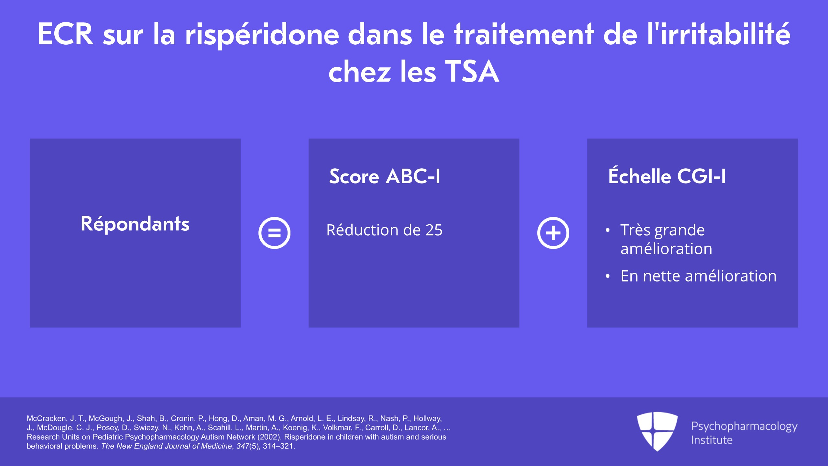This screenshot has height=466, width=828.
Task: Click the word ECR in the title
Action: pos(65,34)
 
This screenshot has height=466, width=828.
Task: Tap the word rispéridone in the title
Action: pos(262,35)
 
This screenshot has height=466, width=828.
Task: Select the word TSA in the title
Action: pos(472,72)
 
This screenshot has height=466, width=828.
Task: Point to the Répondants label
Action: pos(135,224)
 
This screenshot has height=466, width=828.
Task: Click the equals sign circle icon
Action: pos(274,233)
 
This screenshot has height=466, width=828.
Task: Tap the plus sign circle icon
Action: pos(553,233)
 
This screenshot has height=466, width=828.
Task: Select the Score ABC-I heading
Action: pos(385,177)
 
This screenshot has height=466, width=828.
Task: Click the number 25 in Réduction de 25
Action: pos(434,230)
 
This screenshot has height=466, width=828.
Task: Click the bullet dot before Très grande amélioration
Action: pos(608,230)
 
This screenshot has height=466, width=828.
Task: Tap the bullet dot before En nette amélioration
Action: pos(608,276)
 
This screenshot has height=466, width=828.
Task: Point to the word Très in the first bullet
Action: pos(635,230)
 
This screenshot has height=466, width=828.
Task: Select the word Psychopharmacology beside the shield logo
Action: pos(744,427)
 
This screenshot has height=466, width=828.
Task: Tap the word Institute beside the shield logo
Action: pos(712,440)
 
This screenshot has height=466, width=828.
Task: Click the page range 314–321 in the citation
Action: pos(278,446)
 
